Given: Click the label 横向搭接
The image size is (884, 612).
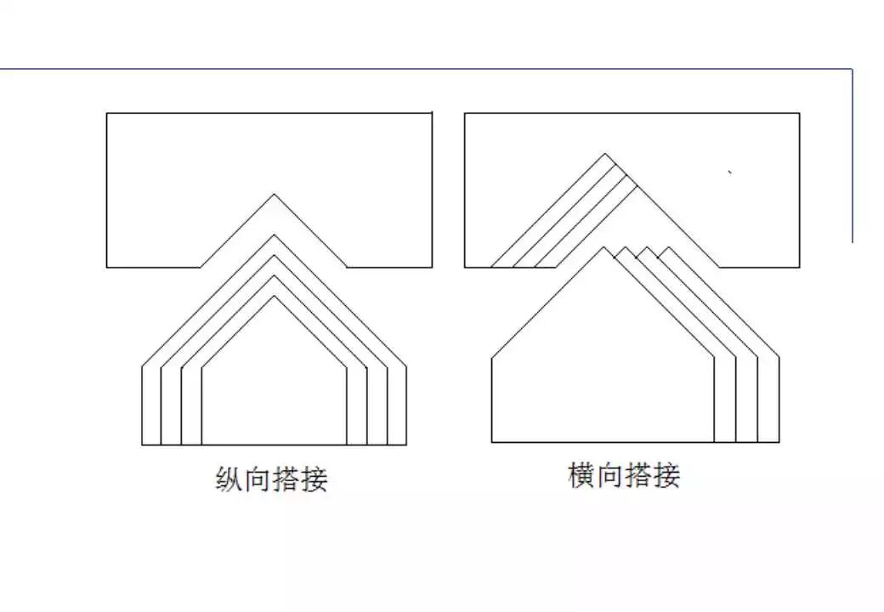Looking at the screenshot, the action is pos(624,475).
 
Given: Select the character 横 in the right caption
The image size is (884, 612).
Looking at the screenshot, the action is pos(581,475).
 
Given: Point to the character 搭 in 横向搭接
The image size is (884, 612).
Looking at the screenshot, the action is pos(638,475).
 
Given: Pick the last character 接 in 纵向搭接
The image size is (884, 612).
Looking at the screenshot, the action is pos(314,480).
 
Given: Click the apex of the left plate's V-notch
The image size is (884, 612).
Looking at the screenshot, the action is pos(274,195).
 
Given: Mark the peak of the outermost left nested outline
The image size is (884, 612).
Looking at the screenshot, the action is pos(274,235).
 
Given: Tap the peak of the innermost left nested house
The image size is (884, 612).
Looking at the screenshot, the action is pos(274,296).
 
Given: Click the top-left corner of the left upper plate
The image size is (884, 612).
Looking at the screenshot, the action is pos(107,114).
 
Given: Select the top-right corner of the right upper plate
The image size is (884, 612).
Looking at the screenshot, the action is pos(799,114).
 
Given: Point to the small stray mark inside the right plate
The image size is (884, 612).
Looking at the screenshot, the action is pos(730,173).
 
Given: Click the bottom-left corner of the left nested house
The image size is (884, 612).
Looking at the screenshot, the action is pos(142,445).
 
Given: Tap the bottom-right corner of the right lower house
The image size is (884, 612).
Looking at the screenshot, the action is pos(779,442).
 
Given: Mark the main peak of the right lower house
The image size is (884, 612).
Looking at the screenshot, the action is pos(603,247).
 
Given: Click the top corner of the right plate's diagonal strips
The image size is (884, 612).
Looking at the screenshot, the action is pos(605,154).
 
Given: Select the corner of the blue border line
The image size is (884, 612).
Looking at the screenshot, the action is pos(852,70).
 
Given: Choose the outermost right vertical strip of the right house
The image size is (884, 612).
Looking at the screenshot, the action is pos(768,399).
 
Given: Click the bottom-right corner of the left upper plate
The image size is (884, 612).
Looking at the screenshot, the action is pos(432,267).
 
